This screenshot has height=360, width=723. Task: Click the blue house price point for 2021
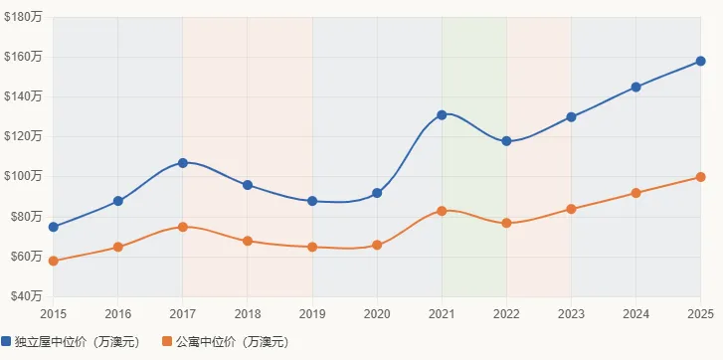click(442, 115)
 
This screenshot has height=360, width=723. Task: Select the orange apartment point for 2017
click(183, 227)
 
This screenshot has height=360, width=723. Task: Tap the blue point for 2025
click(700, 62)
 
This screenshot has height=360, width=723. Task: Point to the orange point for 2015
click(54, 261)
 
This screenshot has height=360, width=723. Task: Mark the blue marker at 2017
click(183, 163)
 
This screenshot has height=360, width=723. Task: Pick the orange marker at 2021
click(442, 211)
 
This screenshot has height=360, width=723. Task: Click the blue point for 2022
click(506, 141)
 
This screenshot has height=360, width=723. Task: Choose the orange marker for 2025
click(700, 177)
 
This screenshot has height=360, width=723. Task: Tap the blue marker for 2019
click(312, 201)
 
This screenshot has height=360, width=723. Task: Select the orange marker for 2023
click(571, 209)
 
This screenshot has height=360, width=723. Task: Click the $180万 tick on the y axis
click(22, 17)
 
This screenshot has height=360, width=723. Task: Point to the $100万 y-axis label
click(22, 176)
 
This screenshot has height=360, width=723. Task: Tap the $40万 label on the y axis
click(24, 295)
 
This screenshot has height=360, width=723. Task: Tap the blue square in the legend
click(6, 342)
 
